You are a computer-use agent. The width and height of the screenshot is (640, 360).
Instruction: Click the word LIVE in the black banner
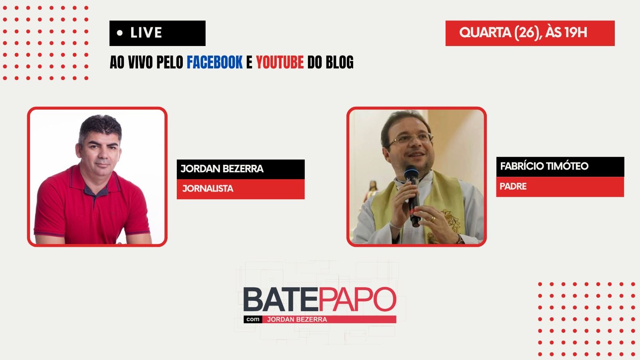click(x=146, y=32)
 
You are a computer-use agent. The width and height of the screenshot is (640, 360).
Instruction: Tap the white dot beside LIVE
click(x=120, y=33)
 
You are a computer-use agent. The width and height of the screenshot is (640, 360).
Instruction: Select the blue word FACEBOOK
click(x=214, y=62)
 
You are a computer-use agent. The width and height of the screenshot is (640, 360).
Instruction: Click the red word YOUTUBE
click(x=280, y=62)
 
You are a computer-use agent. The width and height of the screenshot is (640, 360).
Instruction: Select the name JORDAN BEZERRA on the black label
click(x=222, y=168)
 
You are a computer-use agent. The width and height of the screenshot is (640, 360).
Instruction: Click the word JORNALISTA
click(x=208, y=188)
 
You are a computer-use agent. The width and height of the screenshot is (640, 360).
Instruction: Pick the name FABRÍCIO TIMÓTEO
click(x=544, y=166)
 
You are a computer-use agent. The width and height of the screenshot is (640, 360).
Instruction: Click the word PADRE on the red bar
click(x=513, y=186)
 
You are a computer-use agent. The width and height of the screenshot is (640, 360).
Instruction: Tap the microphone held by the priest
click(x=412, y=195)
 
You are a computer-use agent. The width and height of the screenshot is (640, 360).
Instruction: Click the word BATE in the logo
click(x=280, y=300)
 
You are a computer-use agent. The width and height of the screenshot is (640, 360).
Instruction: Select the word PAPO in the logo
click(x=357, y=299)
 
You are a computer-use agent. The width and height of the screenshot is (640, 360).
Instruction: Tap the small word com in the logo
click(x=253, y=319)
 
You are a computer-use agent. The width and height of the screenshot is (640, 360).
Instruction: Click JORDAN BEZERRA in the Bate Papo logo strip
click(x=297, y=320)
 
